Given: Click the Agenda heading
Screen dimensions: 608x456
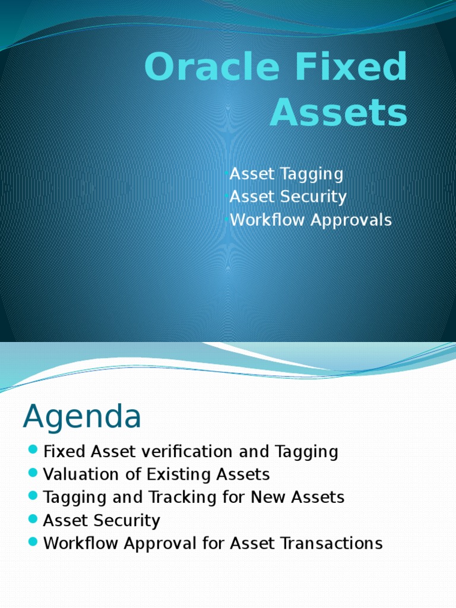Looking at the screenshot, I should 82,417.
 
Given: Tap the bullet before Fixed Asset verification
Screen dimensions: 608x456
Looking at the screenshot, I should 33,451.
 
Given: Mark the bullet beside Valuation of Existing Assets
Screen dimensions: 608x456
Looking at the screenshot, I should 33,474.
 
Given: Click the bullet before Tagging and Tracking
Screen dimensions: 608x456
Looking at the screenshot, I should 33,497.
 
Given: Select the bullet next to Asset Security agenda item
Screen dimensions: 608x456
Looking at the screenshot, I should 33,520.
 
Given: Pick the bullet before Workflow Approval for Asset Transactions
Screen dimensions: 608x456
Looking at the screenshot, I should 33,543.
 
